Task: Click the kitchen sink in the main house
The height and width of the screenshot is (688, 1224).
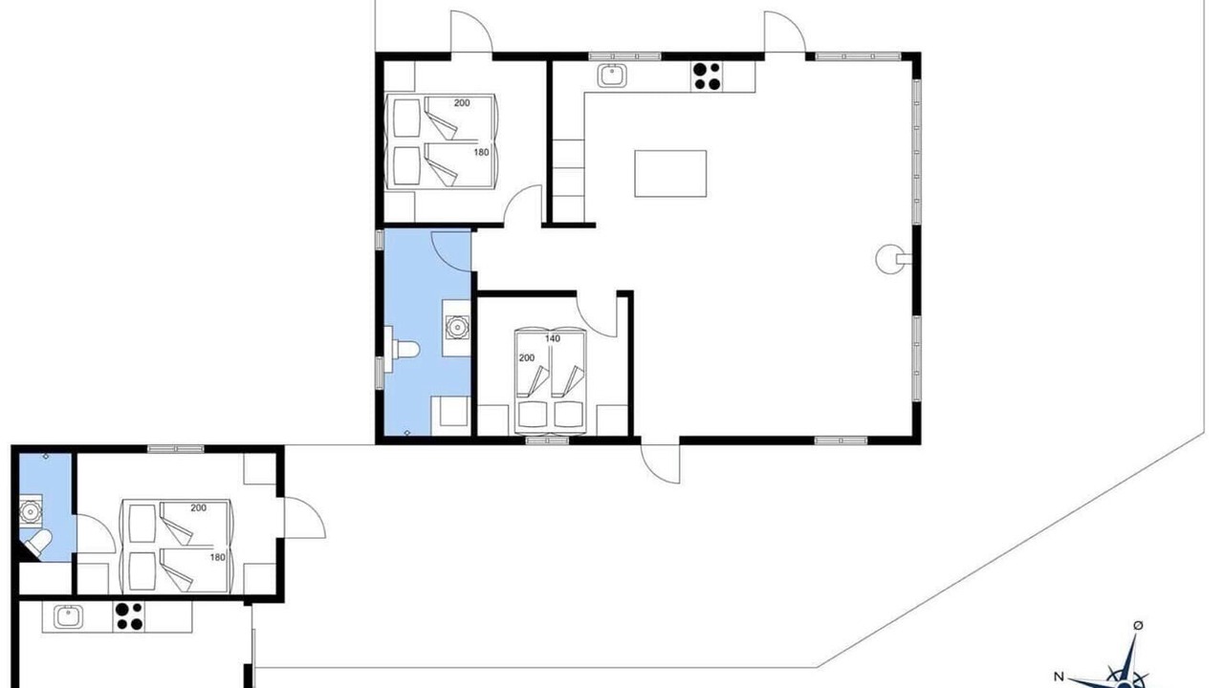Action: click(612, 75)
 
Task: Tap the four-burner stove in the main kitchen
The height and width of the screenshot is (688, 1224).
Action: click(707, 76)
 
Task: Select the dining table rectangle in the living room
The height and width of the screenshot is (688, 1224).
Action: click(670, 174)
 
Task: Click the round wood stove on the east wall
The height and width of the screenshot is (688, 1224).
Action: click(890, 259)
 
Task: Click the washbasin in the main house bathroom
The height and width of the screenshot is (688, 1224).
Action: click(457, 328)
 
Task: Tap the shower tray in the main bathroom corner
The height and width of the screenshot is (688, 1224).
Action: click(450, 416)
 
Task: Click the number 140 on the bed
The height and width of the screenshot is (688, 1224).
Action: click(553, 338)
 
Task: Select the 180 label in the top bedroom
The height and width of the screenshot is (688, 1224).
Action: click(481, 152)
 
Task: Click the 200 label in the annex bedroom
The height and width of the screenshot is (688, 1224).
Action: click(198, 507)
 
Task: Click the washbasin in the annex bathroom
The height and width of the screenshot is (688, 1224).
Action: click(31, 511)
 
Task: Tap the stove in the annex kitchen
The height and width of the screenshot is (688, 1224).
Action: click(129, 616)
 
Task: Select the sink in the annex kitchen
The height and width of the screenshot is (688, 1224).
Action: click(68, 617)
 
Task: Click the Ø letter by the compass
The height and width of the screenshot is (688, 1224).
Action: click(1138, 625)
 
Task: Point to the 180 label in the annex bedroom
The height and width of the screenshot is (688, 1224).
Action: click(217, 557)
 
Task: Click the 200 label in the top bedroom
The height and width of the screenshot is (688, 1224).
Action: click(462, 102)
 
